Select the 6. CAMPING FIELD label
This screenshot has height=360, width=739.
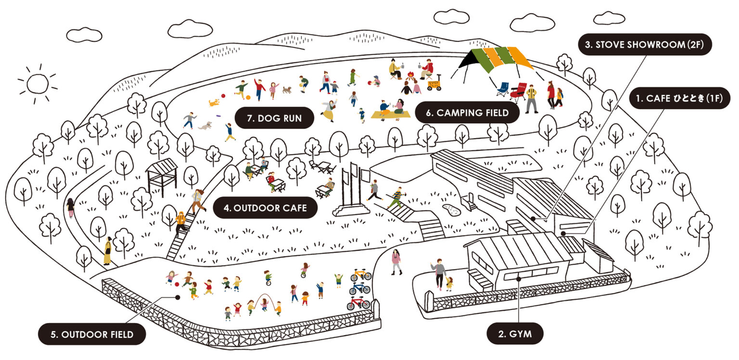click(x=467, y=113)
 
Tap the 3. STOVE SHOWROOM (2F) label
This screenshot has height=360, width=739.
click(x=644, y=45)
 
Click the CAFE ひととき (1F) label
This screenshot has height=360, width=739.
click(x=679, y=99)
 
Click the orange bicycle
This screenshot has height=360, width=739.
click(x=360, y=275)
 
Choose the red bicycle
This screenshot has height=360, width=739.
click(x=358, y=303)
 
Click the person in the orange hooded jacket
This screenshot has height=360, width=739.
click(x=180, y=222)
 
